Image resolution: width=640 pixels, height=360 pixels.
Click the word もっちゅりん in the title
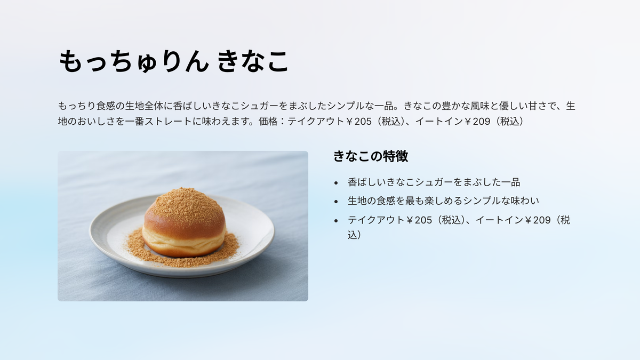coord(134,61)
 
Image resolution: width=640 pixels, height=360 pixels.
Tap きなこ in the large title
coord(253,61)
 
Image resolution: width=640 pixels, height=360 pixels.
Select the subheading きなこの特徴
coord(371,156)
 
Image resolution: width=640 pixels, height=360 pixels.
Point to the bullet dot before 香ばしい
coord(336,183)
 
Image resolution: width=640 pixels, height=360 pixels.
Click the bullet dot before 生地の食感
coord(336,202)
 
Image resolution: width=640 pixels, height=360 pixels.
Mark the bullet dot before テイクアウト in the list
coord(336,221)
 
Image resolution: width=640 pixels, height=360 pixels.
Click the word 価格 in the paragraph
coord(268,122)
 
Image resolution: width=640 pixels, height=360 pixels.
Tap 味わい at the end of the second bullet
coord(525,201)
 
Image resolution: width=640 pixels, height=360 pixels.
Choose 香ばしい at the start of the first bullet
coord(367,182)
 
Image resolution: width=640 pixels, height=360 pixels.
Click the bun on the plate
coord(185,223)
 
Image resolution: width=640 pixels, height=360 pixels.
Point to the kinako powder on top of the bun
coord(186,202)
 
